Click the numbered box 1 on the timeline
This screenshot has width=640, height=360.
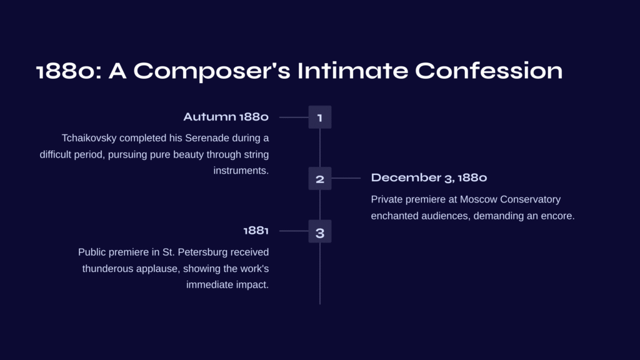(320, 117)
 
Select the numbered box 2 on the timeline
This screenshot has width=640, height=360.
(320, 178)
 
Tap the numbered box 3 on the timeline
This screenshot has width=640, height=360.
(320, 231)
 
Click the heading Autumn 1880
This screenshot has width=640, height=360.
(226, 117)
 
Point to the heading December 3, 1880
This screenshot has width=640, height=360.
(429, 178)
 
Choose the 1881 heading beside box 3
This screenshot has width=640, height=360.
(256, 231)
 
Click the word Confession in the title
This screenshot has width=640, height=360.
(489, 71)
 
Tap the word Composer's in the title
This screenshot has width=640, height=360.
(212, 72)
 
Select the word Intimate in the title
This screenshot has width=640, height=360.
(352, 71)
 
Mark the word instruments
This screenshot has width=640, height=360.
(241, 171)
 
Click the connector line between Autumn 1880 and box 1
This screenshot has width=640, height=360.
(294, 117)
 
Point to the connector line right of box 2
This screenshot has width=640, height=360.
(346, 178)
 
